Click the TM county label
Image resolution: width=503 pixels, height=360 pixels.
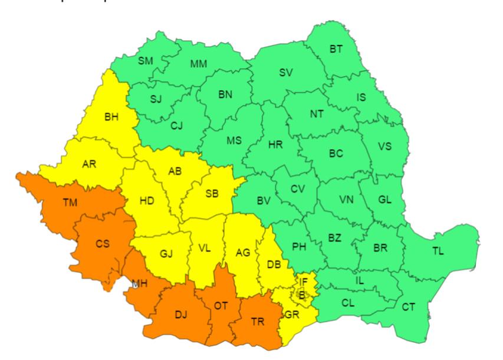(74, 203)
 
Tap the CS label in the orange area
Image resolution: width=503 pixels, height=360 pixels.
(103, 243)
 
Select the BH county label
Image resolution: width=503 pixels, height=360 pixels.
(111, 117)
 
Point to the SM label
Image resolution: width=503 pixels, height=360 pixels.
(145, 61)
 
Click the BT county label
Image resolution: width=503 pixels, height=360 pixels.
(336, 49)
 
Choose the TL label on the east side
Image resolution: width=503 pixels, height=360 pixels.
(438, 251)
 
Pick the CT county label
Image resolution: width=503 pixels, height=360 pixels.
(408, 306)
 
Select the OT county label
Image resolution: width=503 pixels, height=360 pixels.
(221, 305)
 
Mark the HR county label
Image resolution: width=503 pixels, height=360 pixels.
(275, 146)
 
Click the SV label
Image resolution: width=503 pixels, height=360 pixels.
(286, 73)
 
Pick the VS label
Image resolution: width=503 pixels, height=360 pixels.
(384, 147)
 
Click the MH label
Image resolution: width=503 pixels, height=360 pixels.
(140, 285)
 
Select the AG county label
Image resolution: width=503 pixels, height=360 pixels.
(242, 253)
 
